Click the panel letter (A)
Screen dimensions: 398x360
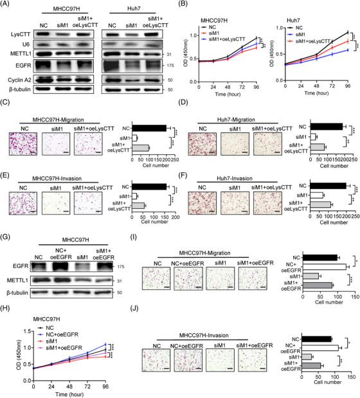(x=7, y=5)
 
